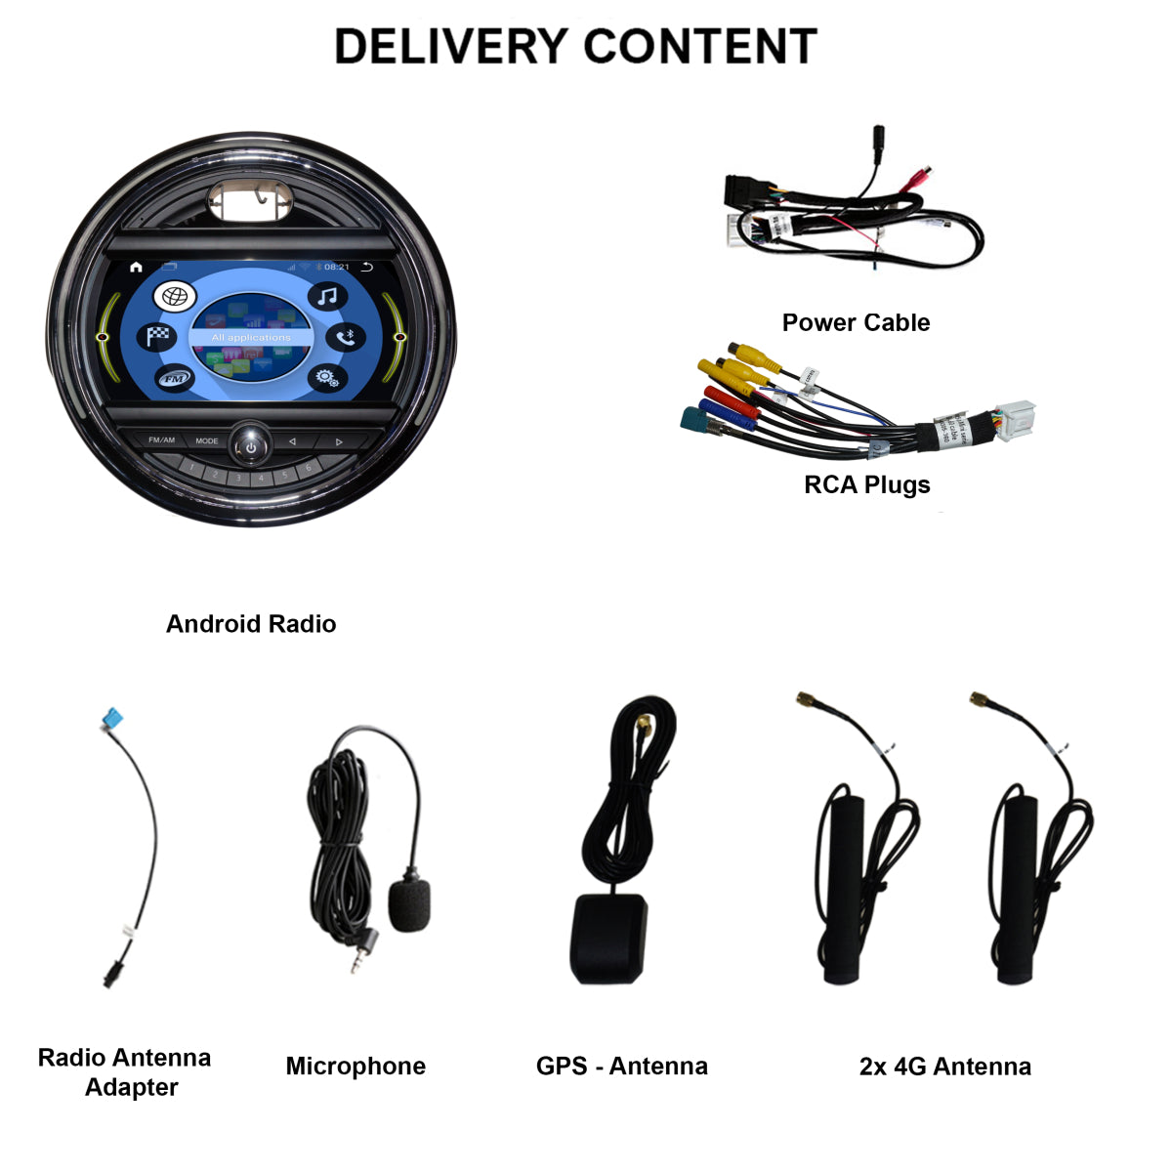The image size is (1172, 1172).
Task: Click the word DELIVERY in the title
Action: (450, 47)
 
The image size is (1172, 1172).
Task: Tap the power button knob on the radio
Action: (251, 444)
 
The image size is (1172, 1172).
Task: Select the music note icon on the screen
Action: (328, 296)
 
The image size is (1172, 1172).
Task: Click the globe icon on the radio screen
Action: (174, 297)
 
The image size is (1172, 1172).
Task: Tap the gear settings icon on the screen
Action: (326, 378)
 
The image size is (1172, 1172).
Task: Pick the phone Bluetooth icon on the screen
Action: (345, 338)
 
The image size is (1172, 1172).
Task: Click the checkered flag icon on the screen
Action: (158, 337)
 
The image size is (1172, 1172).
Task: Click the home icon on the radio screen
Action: (136, 267)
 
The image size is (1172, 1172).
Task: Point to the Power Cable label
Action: (856, 322)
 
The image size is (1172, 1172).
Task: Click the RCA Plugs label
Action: (866, 484)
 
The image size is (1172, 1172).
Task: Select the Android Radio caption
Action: (251, 624)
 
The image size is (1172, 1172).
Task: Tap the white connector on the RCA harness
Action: (1012, 421)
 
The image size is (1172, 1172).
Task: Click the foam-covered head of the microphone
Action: (409, 903)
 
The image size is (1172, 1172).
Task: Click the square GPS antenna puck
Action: (608, 939)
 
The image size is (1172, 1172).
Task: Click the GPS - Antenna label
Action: (621, 1066)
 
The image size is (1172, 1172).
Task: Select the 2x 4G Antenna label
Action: (944, 1066)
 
